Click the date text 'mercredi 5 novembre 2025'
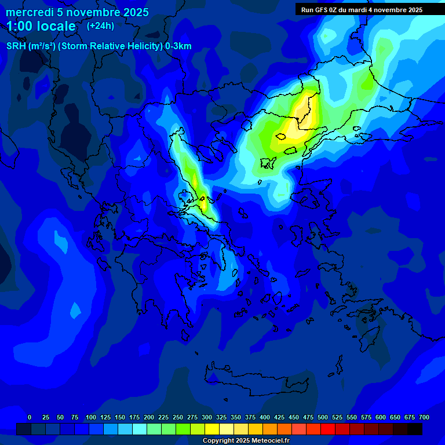(x=77, y=12)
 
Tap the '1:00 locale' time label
(x=41, y=26)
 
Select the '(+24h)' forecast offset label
(x=100, y=25)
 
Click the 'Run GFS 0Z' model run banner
(x=362, y=10)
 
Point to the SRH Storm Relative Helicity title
(x=99, y=46)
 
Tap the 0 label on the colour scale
(x=30, y=417)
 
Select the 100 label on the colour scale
(x=91, y=417)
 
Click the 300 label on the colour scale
(x=207, y=417)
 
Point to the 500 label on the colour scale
(x=323, y=417)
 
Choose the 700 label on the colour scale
(x=424, y=417)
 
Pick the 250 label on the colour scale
(x=178, y=417)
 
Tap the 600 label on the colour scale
(x=381, y=417)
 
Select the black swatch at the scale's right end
(x=415, y=429)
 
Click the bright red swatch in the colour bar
(x=328, y=429)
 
